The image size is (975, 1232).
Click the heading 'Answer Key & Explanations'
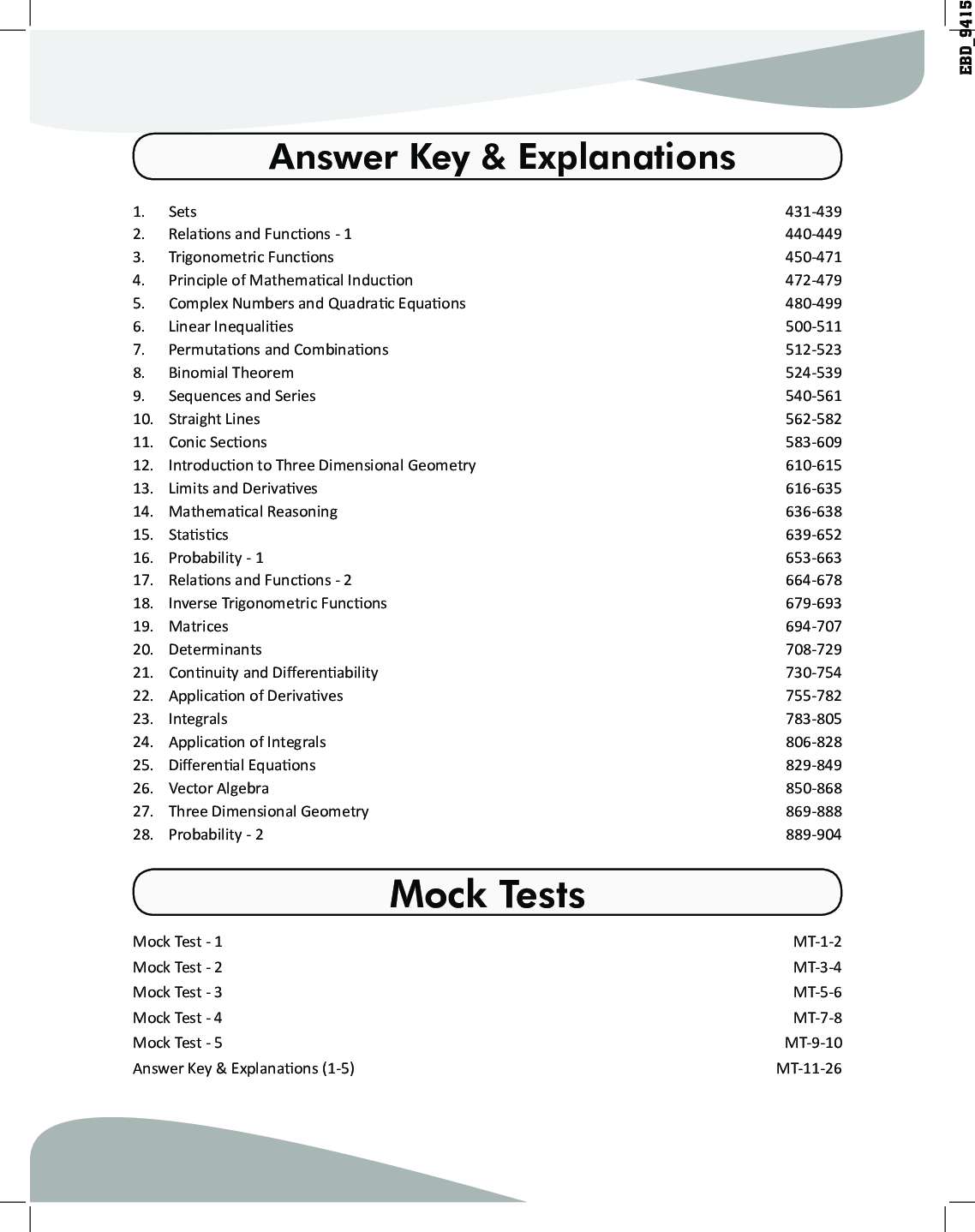tap(502, 157)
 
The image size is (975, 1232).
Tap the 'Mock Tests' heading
tap(487, 894)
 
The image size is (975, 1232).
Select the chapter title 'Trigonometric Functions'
tap(251, 257)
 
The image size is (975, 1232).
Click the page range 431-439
tap(813, 212)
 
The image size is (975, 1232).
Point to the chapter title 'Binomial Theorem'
tap(230, 373)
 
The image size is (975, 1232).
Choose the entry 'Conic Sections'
tap(218, 442)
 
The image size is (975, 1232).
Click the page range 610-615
tap(813, 465)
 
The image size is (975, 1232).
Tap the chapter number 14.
tap(142, 511)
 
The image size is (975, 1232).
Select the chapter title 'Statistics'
tap(198, 535)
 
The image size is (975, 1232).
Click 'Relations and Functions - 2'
tap(260, 580)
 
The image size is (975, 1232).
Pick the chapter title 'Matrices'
tap(198, 626)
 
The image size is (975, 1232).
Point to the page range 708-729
tap(813, 649)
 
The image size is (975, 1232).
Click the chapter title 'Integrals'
tap(198, 719)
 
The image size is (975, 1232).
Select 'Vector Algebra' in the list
tap(218, 788)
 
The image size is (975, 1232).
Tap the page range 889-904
tap(813, 834)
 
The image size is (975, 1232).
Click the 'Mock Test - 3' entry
tap(177, 992)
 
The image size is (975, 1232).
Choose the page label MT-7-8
tap(817, 1018)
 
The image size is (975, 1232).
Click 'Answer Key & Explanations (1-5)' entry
tap(243, 1068)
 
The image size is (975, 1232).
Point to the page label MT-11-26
tap(809, 1068)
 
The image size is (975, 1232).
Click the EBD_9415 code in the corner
tap(966, 38)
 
